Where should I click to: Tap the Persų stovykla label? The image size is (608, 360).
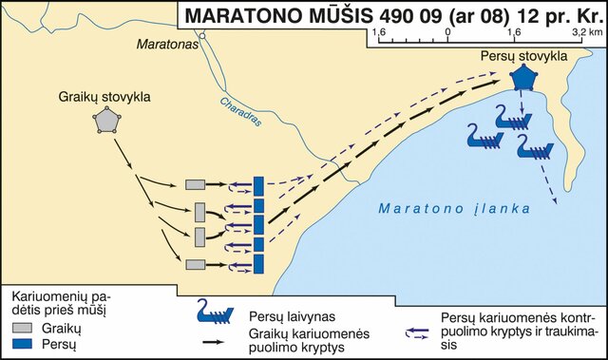click(523, 56)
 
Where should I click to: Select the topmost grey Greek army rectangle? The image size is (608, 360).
click(196, 183)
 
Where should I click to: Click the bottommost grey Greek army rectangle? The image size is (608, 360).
click(196, 264)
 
